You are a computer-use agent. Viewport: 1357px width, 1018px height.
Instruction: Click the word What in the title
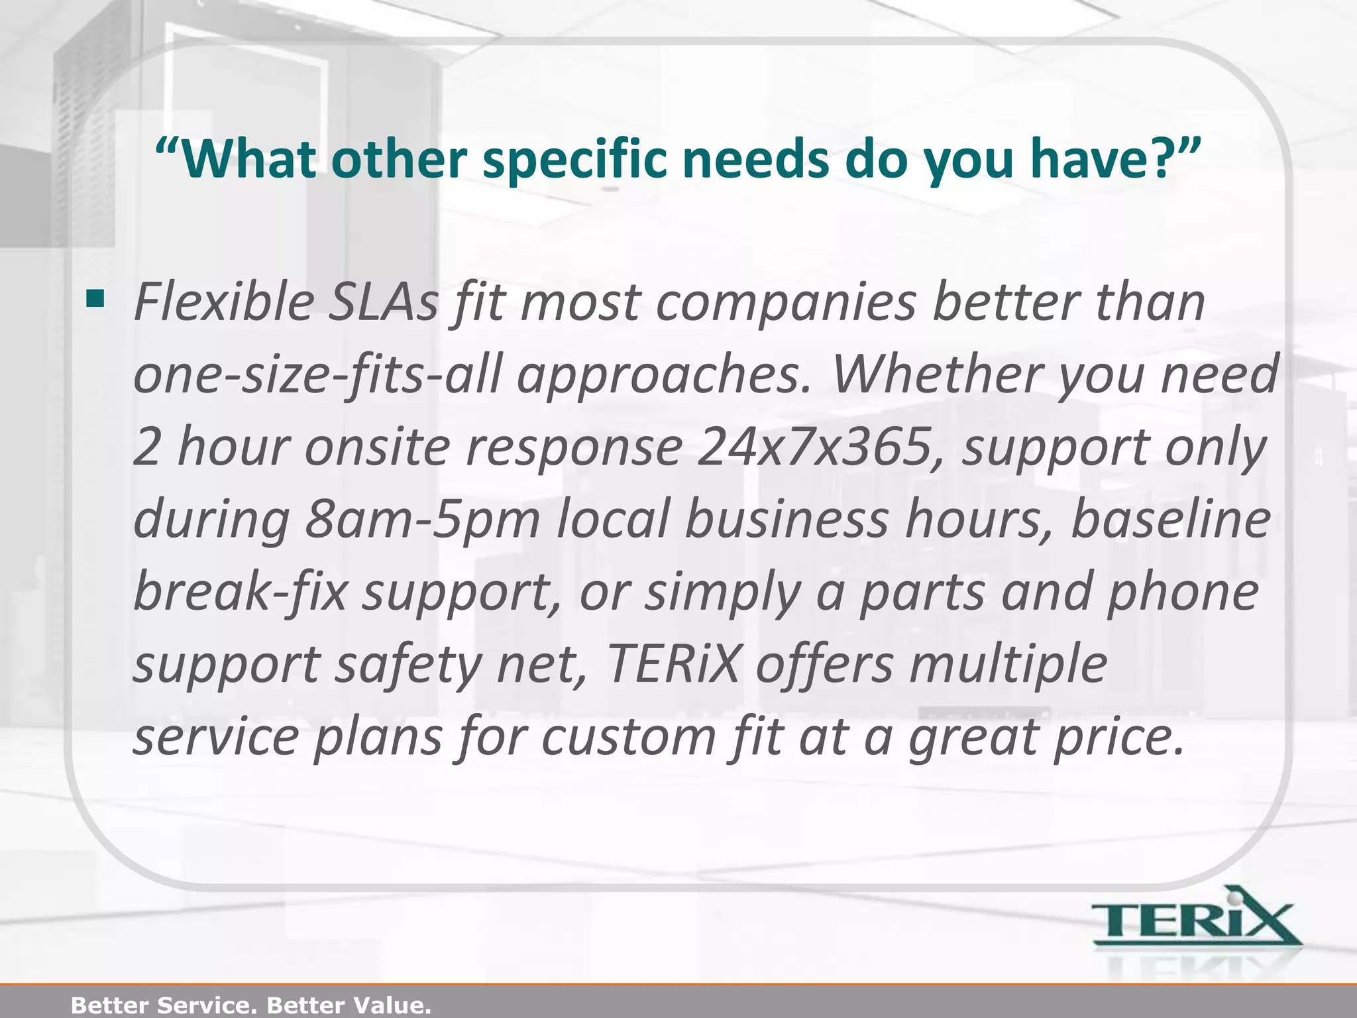[251, 160]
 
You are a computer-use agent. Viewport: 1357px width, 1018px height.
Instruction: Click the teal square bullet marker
[95, 300]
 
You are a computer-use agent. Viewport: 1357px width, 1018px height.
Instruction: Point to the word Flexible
[225, 303]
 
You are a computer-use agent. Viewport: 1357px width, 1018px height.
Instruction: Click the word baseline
[1170, 519]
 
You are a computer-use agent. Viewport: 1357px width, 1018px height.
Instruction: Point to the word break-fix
[241, 592]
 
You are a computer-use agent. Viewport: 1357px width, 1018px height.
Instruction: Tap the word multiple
[1008, 665]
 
